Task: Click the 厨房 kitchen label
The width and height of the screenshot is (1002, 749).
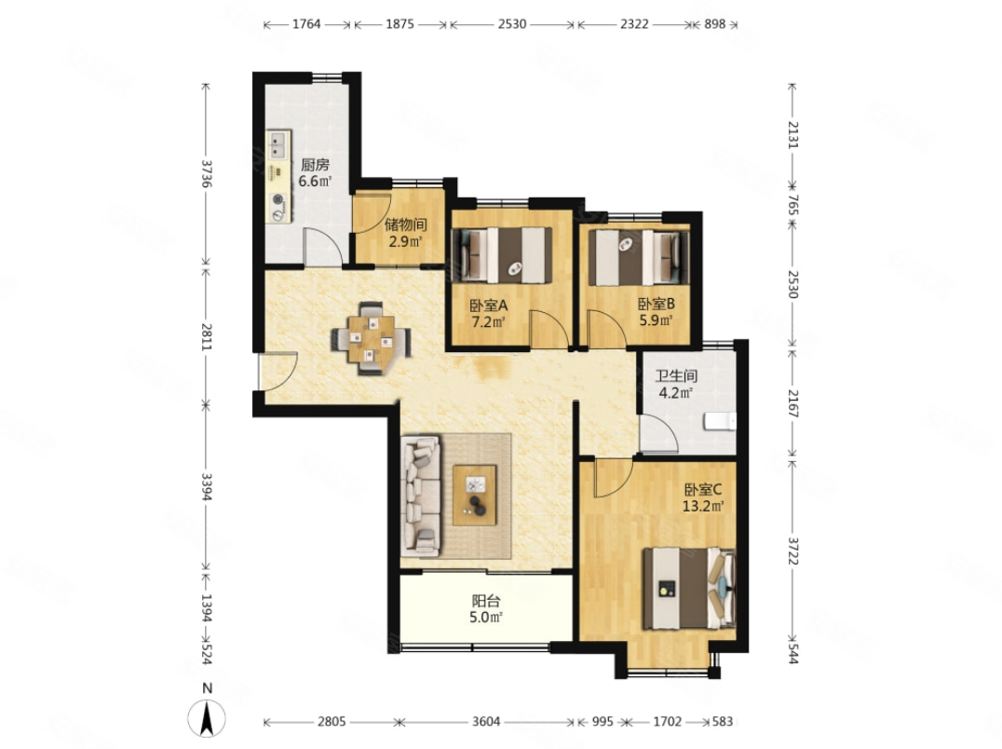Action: coord(315,165)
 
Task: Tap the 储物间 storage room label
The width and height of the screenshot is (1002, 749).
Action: coord(406,225)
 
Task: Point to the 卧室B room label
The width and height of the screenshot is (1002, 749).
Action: coord(657,304)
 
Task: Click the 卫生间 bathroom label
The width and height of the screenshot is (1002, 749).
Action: coord(676,376)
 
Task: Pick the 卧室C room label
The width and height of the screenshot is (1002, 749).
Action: coord(703,490)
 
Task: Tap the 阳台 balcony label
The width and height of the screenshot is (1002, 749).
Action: coord(486,601)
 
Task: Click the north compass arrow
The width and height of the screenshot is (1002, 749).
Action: coord(207,717)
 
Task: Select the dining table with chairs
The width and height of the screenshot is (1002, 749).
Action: coord(371,339)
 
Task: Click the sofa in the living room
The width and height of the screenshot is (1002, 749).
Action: coord(421,496)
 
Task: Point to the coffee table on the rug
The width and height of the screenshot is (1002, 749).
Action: coord(475,496)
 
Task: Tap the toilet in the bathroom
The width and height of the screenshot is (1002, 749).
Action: coord(720,422)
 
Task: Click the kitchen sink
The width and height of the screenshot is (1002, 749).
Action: coord(278,145)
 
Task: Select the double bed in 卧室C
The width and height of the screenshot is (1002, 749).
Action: coord(689,589)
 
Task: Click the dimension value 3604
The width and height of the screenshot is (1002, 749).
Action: coord(486,722)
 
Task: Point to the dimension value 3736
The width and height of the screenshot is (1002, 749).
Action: coord(207,172)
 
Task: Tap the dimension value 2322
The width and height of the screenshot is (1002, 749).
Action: coord(634,24)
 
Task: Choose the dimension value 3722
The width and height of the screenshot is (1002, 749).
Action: coord(793,551)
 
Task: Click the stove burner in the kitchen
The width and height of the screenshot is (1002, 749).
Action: coord(278,199)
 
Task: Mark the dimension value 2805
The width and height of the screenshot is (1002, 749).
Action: coord(332,722)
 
